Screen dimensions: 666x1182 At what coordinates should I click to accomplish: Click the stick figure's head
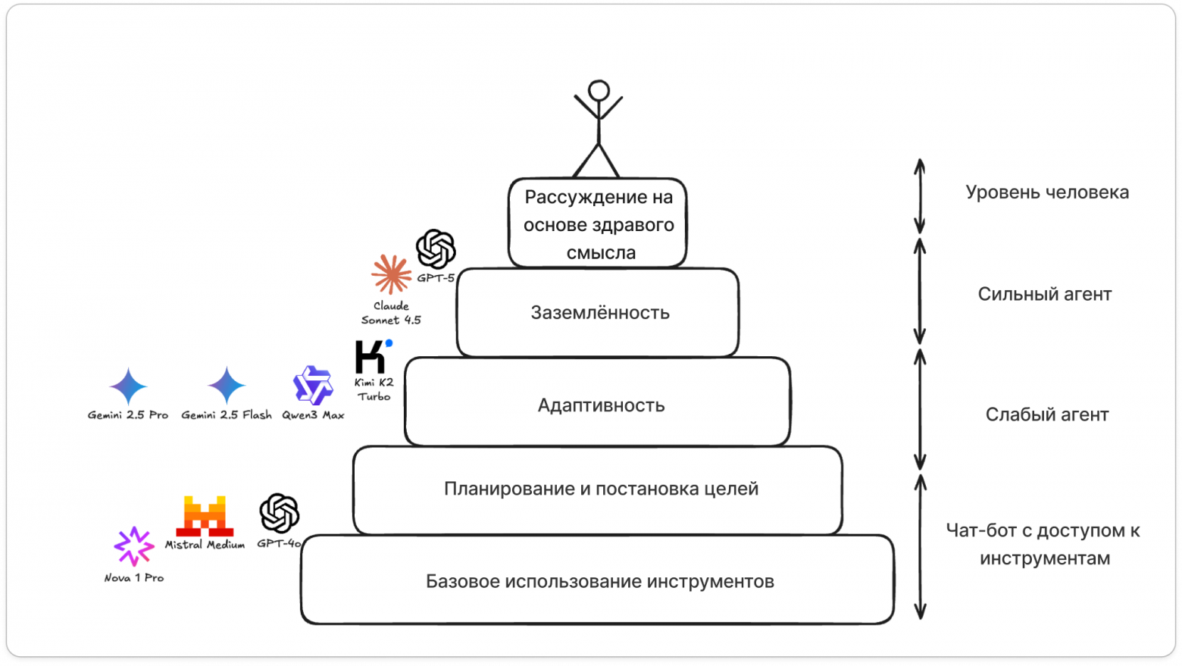click(x=599, y=91)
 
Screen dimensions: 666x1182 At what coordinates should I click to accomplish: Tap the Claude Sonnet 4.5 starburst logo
click(x=391, y=274)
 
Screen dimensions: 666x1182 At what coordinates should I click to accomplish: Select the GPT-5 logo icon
click(x=436, y=249)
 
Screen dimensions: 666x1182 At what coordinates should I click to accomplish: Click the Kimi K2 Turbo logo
click(x=373, y=356)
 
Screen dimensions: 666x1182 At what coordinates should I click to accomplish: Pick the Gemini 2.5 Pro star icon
click(x=128, y=386)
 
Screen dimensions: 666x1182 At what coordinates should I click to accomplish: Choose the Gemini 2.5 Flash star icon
click(x=227, y=386)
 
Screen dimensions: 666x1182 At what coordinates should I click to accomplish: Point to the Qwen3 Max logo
click(x=313, y=386)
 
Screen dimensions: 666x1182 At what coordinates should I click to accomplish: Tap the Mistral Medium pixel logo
click(x=205, y=516)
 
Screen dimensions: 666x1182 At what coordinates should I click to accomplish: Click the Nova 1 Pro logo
click(x=134, y=546)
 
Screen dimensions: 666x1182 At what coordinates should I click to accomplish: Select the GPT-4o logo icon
click(x=280, y=513)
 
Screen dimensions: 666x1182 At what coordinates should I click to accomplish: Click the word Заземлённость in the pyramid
click(x=600, y=313)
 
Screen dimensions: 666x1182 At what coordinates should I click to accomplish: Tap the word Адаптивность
click(x=601, y=405)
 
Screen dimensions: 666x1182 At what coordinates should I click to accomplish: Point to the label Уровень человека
click(x=1047, y=192)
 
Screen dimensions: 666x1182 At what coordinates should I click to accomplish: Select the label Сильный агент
click(x=1044, y=294)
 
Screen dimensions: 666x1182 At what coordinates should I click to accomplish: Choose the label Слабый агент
click(x=1046, y=414)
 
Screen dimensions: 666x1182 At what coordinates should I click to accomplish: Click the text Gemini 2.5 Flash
click(x=226, y=415)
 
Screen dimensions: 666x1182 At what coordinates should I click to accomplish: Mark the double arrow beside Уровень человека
click(x=919, y=196)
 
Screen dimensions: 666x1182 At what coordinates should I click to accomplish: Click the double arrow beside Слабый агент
click(x=920, y=409)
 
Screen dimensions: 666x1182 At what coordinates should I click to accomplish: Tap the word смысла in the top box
click(x=601, y=253)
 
